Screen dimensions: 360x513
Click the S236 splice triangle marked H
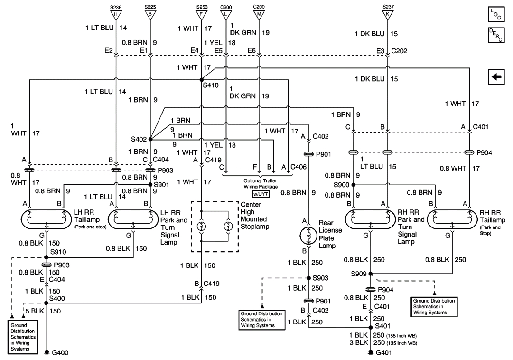[x=116, y=13]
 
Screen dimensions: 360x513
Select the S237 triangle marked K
[x=388, y=13]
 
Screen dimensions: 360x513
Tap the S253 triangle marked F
[x=202, y=13]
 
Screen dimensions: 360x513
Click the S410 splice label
[x=211, y=86]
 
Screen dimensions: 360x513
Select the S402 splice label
[x=139, y=140]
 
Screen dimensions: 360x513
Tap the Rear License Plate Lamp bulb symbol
[x=309, y=235]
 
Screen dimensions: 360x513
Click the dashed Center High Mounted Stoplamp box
[x=215, y=226]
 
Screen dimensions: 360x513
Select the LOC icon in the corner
[x=496, y=14]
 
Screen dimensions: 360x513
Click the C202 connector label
[x=400, y=51]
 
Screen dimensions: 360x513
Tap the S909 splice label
[x=359, y=274]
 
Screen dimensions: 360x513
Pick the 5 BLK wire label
[x=34, y=311]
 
